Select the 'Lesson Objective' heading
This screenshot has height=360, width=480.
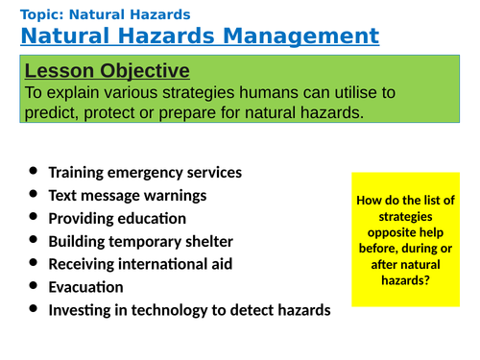click(107, 71)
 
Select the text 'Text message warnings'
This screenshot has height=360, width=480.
click(127, 196)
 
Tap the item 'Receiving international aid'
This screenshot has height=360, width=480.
click(140, 264)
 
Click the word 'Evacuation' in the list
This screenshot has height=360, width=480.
click(85, 287)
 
